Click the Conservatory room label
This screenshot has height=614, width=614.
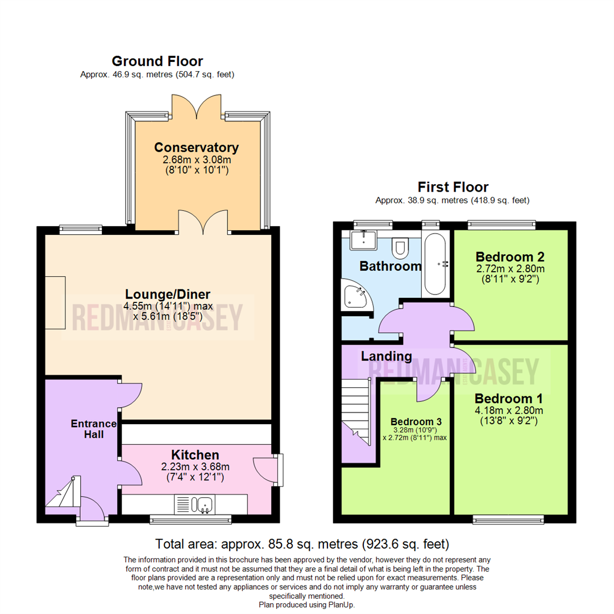(x=196, y=148)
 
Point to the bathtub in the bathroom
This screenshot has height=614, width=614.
(x=435, y=264)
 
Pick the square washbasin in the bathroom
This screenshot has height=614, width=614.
(x=363, y=240)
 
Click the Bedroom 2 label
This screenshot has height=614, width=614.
(x=510, y=257)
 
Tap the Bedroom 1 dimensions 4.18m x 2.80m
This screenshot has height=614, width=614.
(x=509, y=410)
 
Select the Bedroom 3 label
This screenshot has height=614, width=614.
(x=416, y=422)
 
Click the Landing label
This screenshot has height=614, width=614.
(x=386, y=356)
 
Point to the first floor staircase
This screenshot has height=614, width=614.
(x=356, y=411)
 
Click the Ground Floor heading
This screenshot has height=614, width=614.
(x=157, y=61)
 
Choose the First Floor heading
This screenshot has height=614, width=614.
(x=453, y=187)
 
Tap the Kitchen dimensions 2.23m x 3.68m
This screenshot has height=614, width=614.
(x=195, y=467)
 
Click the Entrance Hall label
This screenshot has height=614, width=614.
(x=94, y=429)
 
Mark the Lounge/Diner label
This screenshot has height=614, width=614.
(x=168, y=294)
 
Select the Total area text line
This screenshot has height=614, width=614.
(x=302, y=544)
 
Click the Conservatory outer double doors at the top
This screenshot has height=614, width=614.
(x=196, y=106)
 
